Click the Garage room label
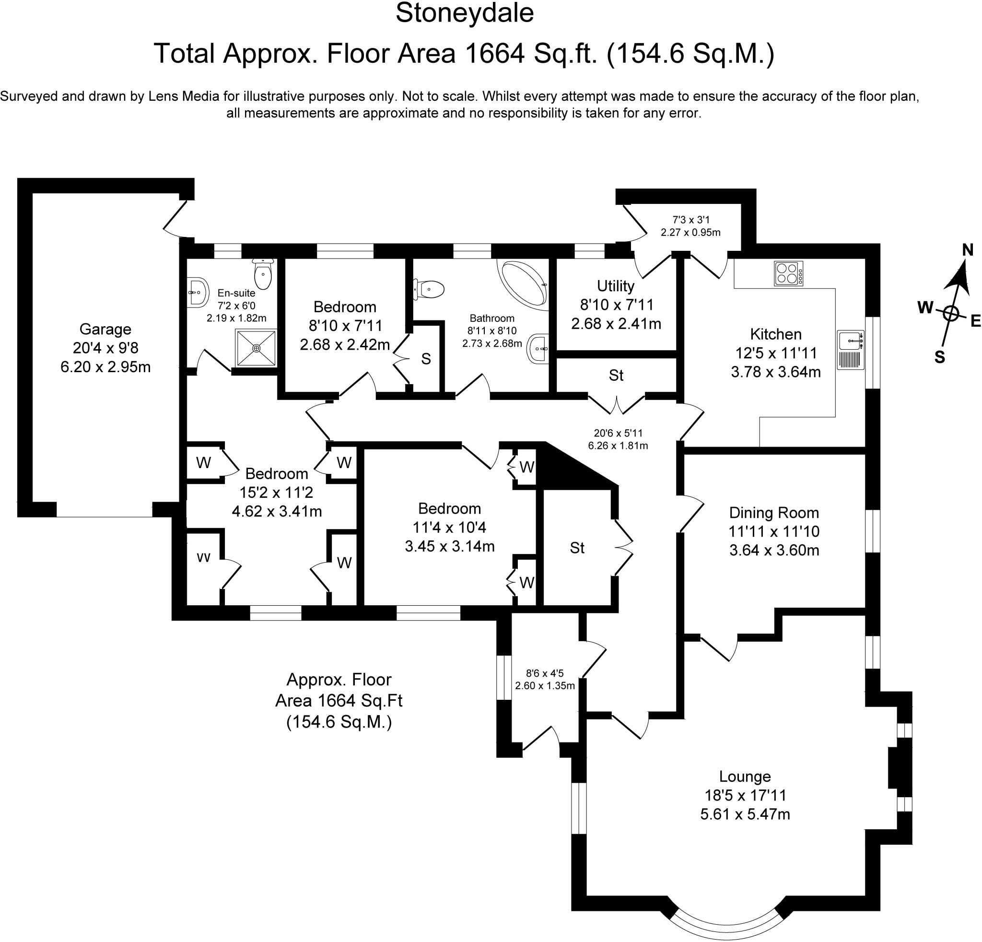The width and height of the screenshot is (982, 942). tap(105, 329)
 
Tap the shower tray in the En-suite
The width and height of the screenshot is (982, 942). tap(256, 348)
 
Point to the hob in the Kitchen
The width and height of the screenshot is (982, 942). tap(789, 273)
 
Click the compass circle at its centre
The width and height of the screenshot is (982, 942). tap(950, 314)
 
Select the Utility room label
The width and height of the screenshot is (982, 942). tap(616, 286)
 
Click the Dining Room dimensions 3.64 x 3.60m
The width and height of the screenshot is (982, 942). tap(774, 550)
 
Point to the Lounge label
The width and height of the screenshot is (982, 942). tap(745, 776)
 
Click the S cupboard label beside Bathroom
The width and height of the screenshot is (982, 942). tap(426, 359)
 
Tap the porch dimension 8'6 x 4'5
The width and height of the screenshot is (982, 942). tap(545, 674)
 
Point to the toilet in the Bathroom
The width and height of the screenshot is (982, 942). tap(429, 289)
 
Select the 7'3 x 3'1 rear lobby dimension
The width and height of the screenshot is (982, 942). tap(691, 220)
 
